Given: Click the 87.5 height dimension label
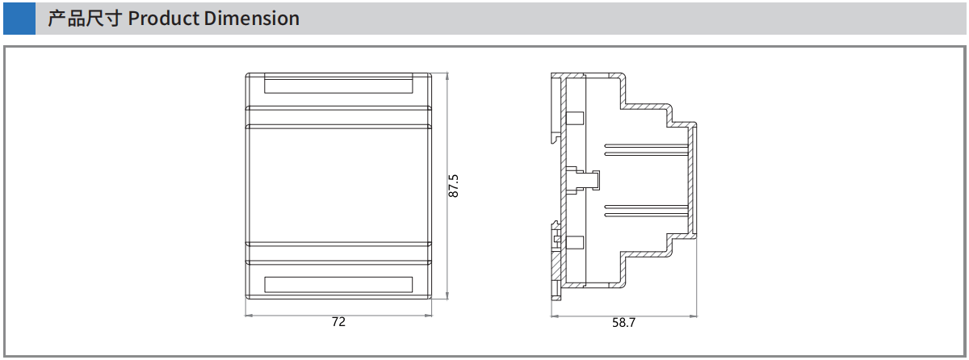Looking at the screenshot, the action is point(453,186).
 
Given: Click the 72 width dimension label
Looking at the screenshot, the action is point(338,322).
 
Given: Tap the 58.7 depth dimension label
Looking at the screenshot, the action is point(623,323).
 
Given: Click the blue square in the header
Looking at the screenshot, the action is point(19,19).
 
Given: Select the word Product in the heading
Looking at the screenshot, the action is point(163,19).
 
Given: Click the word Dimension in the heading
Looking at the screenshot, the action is point(251,19).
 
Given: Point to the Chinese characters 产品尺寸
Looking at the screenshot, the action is point(85,19).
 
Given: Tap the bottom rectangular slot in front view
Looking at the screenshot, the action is point(338,285).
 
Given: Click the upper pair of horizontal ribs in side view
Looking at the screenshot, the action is point(646,150).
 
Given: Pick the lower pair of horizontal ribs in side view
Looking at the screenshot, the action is point(646,211).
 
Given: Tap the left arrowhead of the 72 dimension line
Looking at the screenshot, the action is point(249,316).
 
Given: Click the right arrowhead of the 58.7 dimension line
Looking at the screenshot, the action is point(694,316).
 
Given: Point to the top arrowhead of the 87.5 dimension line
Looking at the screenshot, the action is point(447,77).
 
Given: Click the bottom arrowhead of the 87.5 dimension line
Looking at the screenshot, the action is point(447,295).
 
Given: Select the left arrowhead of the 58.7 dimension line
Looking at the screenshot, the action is point(555,316).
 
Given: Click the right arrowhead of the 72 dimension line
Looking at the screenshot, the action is point(428,316).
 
